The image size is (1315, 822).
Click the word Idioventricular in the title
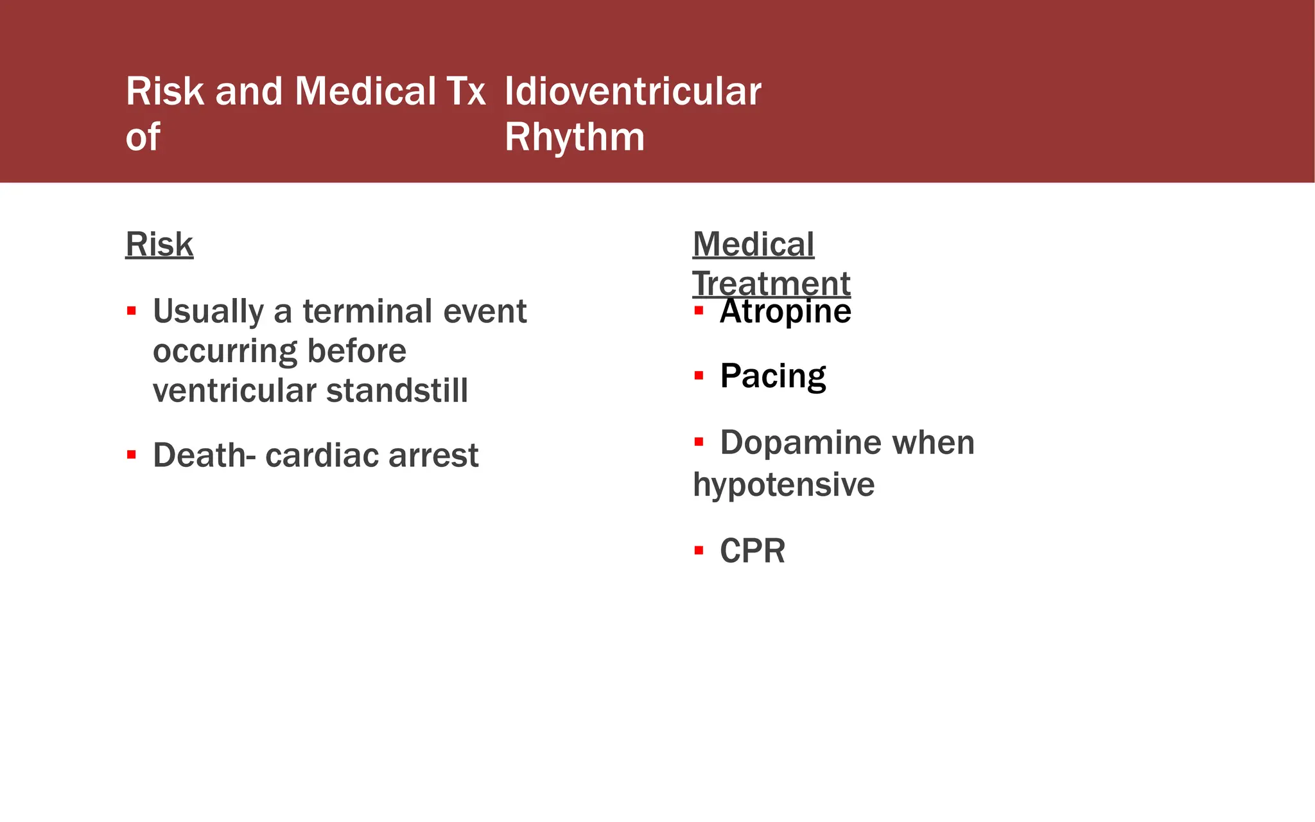(632, 92)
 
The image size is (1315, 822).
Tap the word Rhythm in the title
(574, 137)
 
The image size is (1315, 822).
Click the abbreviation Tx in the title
(466, 92)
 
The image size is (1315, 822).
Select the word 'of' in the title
(143, 137)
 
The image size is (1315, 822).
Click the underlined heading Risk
(159, 245)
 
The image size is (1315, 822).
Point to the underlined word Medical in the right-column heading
(753, 245)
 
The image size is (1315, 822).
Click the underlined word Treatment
(771, 283)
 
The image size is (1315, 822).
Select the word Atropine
(785, 312)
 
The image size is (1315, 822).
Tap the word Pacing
(772, 376)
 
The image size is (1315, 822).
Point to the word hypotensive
(783, 484)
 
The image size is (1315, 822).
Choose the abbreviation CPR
(752, 551)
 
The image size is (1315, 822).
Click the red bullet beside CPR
(699, 550)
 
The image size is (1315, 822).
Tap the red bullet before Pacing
(699, 376)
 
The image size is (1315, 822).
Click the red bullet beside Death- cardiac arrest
(132, 455)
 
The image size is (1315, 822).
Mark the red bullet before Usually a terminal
(132, 311)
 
